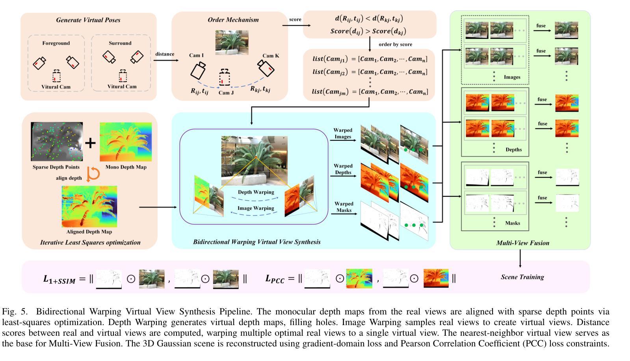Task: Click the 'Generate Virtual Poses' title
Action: pos(88,20)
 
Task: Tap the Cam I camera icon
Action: pos(198,71)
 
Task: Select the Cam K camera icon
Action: pos(266,68)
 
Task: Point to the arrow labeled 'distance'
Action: pos(164,60)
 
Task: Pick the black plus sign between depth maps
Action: pos(90,142)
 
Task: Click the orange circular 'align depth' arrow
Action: pos(93,174)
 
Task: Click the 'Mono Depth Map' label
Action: pos(126,167)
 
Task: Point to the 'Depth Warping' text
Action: pos(256,192)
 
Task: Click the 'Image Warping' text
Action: pos(256,208)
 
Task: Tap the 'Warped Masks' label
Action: pos(344,207)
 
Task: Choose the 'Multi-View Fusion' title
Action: pos(522,243)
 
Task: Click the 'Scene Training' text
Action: pos(522,277)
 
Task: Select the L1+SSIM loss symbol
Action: pos(59,279)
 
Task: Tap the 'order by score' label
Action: pos(395,44)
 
